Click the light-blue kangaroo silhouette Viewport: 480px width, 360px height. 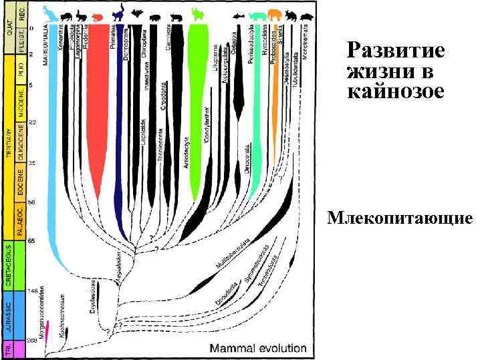(x=49, y=13)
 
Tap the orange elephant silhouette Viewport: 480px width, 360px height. (x=275, y=15)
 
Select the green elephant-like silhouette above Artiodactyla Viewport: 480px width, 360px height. (x=199, y=15)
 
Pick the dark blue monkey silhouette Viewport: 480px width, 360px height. (x=118, y=12)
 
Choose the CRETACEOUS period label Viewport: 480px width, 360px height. (x=9, y=265)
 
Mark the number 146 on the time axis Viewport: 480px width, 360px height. (x=33, y=292)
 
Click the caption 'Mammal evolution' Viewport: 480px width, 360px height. (x=258, y=348)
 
